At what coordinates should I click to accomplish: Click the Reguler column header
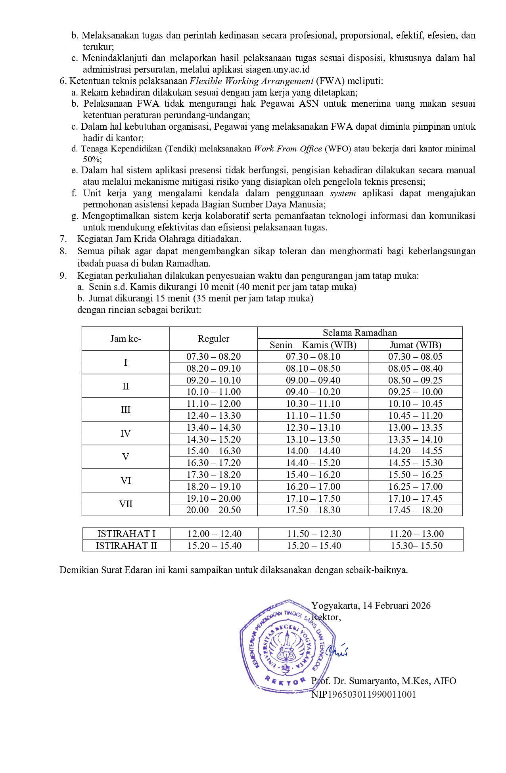tap(213, 339)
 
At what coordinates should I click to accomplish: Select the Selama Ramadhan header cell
tap(360, 333)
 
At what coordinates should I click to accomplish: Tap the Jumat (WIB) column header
tap(415, 345)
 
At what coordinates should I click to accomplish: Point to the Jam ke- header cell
tap(126, 339)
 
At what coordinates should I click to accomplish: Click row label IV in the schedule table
tap(126, 433)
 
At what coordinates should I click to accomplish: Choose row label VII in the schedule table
tap(126, 504)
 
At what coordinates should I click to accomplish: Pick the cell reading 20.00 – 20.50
tap(213, 510)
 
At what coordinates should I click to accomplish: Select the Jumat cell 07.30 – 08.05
tap(415, 357)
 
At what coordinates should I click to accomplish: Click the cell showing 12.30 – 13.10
tap(313, 428)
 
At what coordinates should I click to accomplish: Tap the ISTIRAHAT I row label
tap(126, 534)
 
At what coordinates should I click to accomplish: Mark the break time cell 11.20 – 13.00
tap(416, 534)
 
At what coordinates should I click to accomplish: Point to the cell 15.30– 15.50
tap(416, 546)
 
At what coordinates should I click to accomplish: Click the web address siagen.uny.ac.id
tap(278, 70)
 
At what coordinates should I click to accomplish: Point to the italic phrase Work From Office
tap(288, 149)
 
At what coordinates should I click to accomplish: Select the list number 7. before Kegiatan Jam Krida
tap(63, 239)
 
